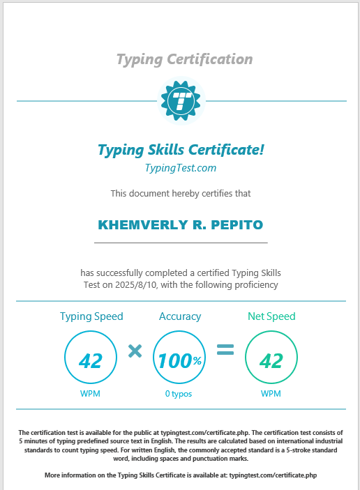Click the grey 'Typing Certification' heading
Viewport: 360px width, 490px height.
pyautogui.click(x=184, y=59)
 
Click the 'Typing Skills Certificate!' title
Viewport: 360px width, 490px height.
pyautogui.click(x=181, y=149)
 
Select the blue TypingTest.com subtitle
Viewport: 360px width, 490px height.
pyautogui.click(x=181, y=167)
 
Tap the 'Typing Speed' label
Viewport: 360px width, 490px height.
pyautogui.click(x=91, y=316)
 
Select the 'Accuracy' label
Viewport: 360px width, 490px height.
pyautogui.click(x=180, y=316)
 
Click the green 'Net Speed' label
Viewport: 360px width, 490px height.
pyautogui.click(x=271, y=316)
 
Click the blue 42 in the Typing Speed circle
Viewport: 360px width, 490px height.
pyautogui.click(x=91, y=360)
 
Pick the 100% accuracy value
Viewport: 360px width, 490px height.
pyautogui.click(x=179, y=360)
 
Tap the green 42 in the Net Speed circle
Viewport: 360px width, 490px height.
pyautogui.click(x=271, y=360)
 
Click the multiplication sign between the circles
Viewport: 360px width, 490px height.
pyautogui.click(x=135, y=351)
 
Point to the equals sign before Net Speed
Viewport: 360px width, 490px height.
pyautogui.click(x=225, y=351)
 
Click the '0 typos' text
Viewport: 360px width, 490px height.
pyautogui.click(x=179, y=394)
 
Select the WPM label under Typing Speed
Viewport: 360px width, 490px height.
pyautogui.click(x=91, y=394)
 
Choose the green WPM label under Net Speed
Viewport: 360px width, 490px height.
pyautogui.click(x=271, y=394)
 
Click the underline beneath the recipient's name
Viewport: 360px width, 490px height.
pyautogui.click(x=181, y=243)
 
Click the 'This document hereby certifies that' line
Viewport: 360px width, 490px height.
pyautogui.click(x=181, y=193)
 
